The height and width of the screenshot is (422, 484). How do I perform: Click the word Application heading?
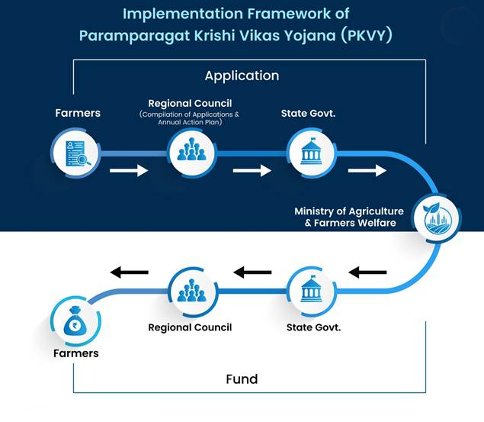242,76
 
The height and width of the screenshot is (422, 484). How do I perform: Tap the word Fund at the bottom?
242,379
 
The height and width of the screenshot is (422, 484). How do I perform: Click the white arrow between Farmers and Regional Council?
129,170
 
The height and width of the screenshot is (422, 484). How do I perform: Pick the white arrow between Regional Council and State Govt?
252,170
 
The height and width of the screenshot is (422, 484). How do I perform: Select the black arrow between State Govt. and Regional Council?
252,272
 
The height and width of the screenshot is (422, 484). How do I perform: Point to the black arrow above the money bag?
130,272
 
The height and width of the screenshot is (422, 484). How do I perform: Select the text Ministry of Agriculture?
349,211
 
